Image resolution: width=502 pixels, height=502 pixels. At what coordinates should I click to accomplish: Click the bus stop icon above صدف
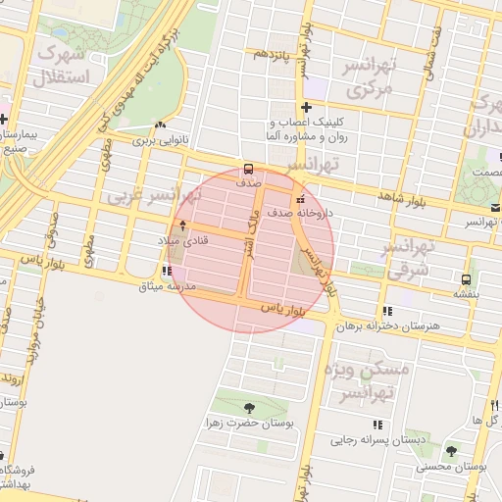(248, 168)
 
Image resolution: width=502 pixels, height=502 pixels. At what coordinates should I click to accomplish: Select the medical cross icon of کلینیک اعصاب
(307, 108)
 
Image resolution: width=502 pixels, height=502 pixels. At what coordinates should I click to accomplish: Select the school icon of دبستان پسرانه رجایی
(377, 426)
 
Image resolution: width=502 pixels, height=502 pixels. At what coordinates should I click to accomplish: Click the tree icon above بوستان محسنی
(450, 451)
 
